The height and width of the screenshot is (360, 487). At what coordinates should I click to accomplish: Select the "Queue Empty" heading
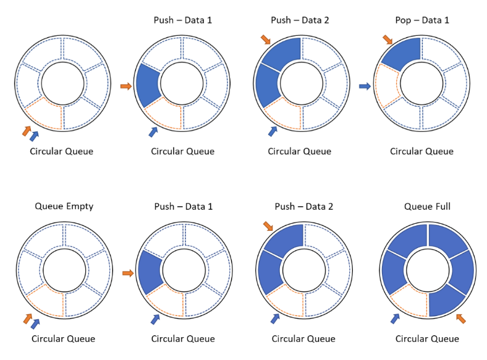coord(64,206)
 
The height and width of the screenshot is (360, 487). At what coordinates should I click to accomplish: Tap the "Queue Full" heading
coord(427,206)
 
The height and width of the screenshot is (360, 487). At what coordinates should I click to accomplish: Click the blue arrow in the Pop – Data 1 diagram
coord(365,87)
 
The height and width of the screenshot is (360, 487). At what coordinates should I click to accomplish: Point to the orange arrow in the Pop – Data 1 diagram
coord(387,40)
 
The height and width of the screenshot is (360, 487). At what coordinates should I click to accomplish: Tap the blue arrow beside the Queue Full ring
coord(394,318)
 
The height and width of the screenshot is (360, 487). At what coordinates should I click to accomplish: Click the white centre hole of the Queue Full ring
coord(426,270)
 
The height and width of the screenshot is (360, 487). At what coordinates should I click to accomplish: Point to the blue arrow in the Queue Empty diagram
coord(35,323)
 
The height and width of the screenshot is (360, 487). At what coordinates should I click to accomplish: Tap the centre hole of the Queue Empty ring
coord(64,270)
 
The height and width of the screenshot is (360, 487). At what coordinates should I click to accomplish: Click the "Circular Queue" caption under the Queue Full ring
coord(427,338)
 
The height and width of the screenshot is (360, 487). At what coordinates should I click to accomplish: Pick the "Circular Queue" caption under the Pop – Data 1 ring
coord(421,152)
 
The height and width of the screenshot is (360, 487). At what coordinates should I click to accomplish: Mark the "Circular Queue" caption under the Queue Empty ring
coord(64,338)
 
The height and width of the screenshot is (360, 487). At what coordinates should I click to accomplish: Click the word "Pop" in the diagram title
coord(402,20)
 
